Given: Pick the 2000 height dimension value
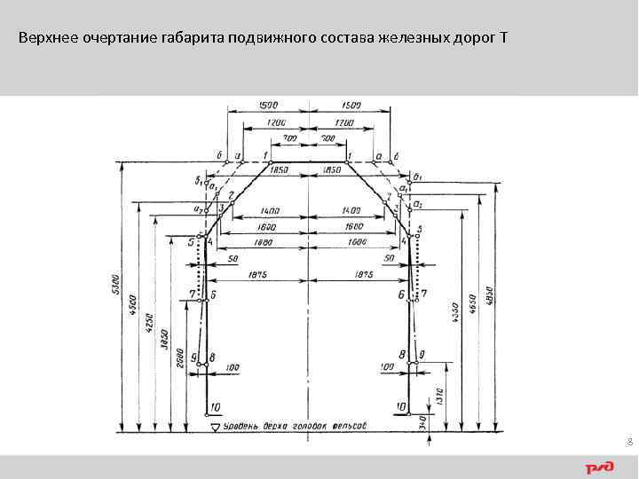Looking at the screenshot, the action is pos(180,352).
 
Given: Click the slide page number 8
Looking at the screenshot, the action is pos(628,441).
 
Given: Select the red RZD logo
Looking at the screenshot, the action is pos(599,467).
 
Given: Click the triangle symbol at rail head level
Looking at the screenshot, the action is pos(216,428).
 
